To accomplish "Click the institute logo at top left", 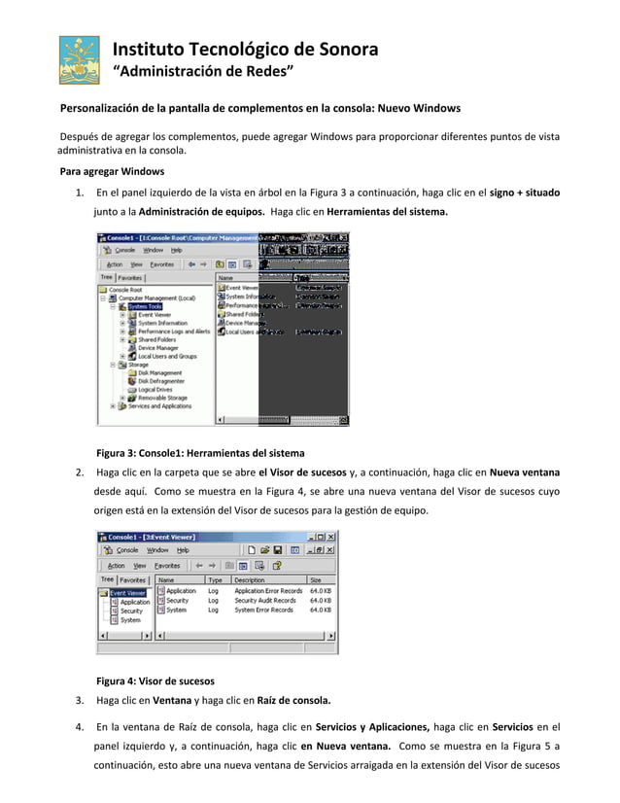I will [79, 60].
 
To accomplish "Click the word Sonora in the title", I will [345, 50].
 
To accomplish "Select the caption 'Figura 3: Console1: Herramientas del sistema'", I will [200, 453].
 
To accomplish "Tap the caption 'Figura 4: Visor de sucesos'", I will [155, 680].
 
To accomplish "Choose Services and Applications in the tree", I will [159, 406].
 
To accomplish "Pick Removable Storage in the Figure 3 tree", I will [162, 398].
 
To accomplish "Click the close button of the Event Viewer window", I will [330, 537].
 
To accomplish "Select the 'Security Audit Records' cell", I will [263, 601].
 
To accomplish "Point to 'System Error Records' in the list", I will [263, 611].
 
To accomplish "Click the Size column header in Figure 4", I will [316, 579].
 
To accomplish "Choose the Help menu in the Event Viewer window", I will [183, 550].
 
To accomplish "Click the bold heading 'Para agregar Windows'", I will [112, 171].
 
